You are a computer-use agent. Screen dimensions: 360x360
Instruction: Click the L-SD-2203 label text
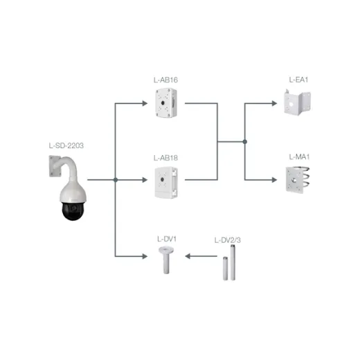coord(66,145)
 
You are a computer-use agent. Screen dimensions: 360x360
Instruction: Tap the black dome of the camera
coord(73,210)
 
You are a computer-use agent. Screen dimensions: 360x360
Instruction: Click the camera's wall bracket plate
coord(55,166)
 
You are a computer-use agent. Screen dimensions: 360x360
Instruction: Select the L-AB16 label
coord(165,80)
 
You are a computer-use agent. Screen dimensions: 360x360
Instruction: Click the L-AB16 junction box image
coord(166,103)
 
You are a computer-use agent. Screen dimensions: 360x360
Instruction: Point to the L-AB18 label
coord(165,158)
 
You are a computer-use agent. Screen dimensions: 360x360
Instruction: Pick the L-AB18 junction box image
coord(166,183)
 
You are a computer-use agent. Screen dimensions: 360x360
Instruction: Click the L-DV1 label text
coord(167,239)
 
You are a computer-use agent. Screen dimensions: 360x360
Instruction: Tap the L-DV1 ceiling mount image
coord(166,260)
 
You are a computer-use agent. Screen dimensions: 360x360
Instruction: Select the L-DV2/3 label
coord(228,240)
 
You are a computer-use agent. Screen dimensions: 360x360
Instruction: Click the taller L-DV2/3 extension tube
coord(233,262)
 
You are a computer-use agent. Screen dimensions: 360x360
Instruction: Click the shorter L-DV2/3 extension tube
coord(225,269)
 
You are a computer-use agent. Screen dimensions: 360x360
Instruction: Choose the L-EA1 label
coord(298,80)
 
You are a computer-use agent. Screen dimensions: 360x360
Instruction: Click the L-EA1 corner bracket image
coord(297,102)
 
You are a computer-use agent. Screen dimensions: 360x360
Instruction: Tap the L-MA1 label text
coord(299,157)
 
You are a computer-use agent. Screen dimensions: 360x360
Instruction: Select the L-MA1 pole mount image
coord(298,179)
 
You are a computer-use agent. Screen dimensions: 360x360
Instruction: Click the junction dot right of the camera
coord(116,180)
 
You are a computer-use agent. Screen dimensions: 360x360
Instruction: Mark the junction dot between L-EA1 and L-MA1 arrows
coord(245,142)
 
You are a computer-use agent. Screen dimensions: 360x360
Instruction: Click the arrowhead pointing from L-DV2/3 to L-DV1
coord(188,256)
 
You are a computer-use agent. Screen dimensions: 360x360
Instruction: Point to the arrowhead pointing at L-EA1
coord(274,103)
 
